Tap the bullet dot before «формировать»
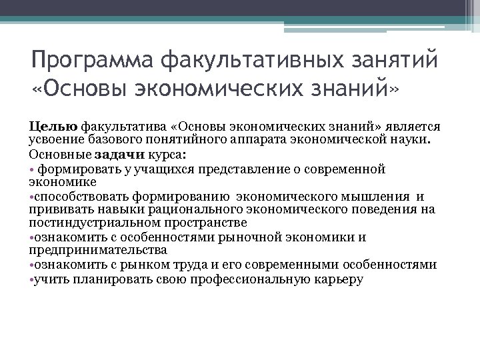click(32, 169)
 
